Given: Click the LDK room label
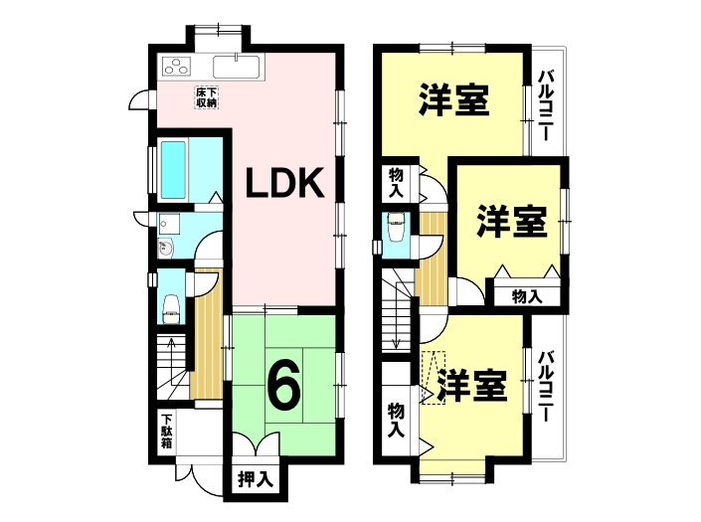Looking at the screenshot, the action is (x=285, y=182).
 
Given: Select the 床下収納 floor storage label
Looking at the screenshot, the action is (x=207, y=97).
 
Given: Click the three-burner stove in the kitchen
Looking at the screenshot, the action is (x=177, y=66).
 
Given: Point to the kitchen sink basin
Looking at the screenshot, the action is (x=236, y=67).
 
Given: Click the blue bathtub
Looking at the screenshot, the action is (x=173, y=170).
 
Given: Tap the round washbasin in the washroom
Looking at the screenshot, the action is (x=165, y=249).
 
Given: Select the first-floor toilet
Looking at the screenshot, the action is (x=170, y=309).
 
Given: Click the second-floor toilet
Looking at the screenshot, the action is (x=396, y=226).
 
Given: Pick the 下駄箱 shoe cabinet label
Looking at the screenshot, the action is (x=166, y=432).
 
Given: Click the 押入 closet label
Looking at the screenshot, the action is (x=256, y=479).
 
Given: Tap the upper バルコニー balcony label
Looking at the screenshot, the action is (x=546, y=105).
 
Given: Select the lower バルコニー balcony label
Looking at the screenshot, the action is (x=546, y=387).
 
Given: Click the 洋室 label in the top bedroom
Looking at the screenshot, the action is (x=453, y=100).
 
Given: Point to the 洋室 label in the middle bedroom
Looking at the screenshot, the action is (x=511, y=221).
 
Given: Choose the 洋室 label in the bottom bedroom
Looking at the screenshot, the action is (x=472, y=386).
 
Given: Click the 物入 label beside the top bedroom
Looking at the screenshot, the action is (x=397, y=183).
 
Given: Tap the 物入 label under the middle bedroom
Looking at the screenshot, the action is (x=527, y=296).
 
